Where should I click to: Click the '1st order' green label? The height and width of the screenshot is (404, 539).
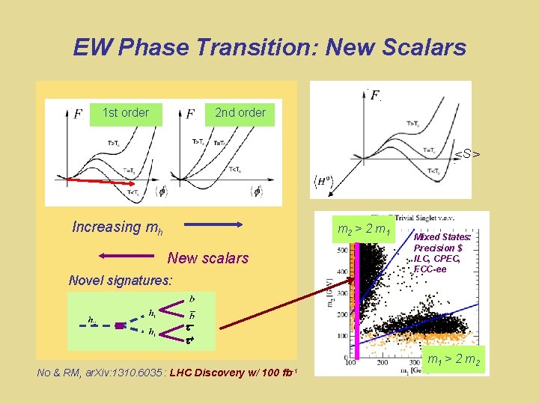(125, 113)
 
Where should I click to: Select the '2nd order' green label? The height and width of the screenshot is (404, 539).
(240, 113)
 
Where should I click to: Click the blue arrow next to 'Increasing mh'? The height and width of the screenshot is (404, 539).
(214, 224)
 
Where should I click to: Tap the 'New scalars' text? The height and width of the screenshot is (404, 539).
(207, 258)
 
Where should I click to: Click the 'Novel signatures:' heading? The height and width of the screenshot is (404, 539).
(120, 281)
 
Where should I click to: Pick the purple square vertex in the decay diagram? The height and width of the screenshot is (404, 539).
(118, 325)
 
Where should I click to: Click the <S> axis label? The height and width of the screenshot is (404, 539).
(468, 155)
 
